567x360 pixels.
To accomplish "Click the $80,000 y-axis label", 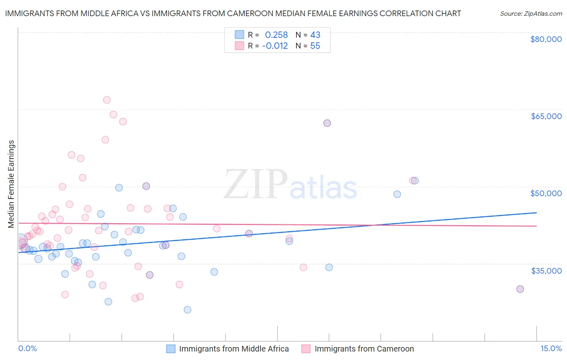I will [546, 39].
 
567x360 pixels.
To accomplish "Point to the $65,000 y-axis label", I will [546, 116].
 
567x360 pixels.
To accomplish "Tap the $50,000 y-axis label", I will [546, 193].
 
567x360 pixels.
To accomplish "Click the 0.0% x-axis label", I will [27, 348].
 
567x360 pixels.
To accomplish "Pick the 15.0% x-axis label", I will [551, 348].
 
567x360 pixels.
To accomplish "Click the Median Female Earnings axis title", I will [11, 184].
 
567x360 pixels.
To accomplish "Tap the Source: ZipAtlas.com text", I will [531, 14].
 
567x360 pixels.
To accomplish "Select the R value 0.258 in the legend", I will [276, 35].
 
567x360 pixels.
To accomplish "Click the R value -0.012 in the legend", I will [275, 46].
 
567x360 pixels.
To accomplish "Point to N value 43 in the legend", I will [315, 35].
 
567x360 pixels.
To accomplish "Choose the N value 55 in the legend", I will [315, 46].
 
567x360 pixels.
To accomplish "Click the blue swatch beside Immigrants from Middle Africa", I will [171, 349].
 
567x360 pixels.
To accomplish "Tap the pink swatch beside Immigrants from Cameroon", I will [306, 349].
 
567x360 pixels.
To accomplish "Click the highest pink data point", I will [107, 100].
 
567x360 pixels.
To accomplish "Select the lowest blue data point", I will [188, 310].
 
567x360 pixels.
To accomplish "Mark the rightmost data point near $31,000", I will [520, 289].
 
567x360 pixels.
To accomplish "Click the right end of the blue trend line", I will [537, 213].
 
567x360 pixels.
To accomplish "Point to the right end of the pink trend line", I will [537, 226].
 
